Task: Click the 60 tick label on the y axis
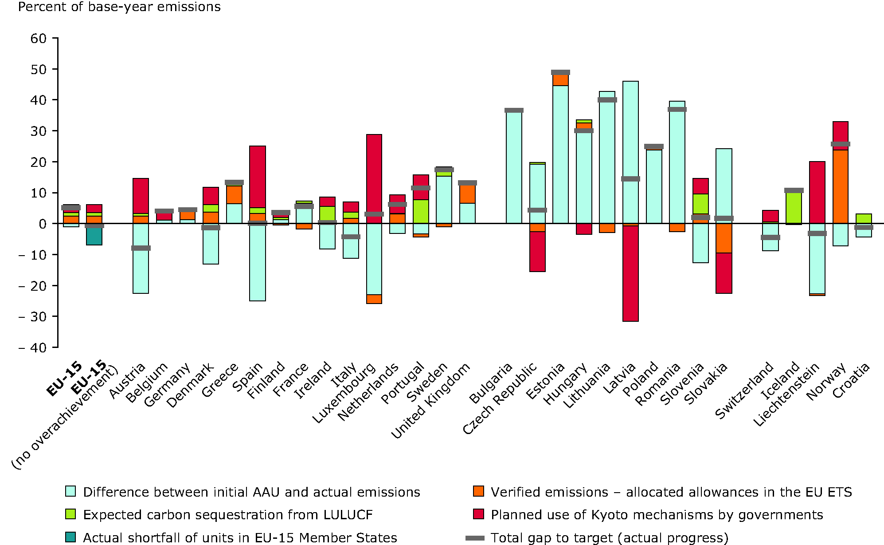39,39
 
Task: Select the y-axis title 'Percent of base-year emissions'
119,7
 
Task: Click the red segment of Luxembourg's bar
374,173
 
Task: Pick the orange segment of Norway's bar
840,186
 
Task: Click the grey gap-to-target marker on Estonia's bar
560,72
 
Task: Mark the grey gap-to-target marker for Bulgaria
514,110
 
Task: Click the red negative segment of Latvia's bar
630,273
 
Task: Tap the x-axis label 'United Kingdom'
430,400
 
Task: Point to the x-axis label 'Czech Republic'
500,398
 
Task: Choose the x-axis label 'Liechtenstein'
786,395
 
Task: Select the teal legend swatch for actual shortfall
70,537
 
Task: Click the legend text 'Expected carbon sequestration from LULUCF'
227,515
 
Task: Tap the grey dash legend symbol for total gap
475,538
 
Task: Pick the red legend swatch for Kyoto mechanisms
478,514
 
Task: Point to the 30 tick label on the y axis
39,131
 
